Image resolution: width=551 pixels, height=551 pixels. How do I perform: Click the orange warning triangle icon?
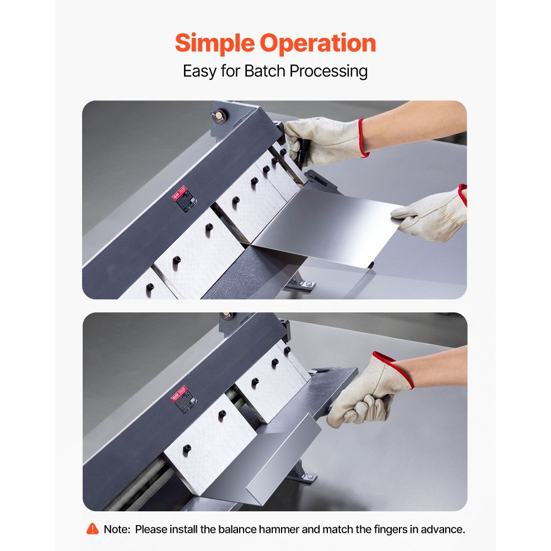click(x=93, y=529)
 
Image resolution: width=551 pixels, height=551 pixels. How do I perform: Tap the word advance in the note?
click(x=444, y=530)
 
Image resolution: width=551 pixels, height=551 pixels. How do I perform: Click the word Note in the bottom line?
click(x=116, y=530)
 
